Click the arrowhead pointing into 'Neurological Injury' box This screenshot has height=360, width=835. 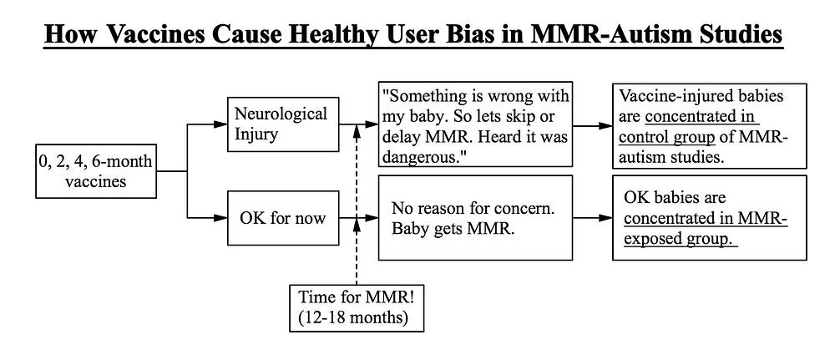tap(220, 124)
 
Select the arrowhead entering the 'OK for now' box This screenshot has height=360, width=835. tap(220, 218)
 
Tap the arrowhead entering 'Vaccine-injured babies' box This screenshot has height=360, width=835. tap(605, 126)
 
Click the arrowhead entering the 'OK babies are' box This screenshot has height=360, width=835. tap(605, 218)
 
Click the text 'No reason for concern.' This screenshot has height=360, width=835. tap(473, 208)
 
